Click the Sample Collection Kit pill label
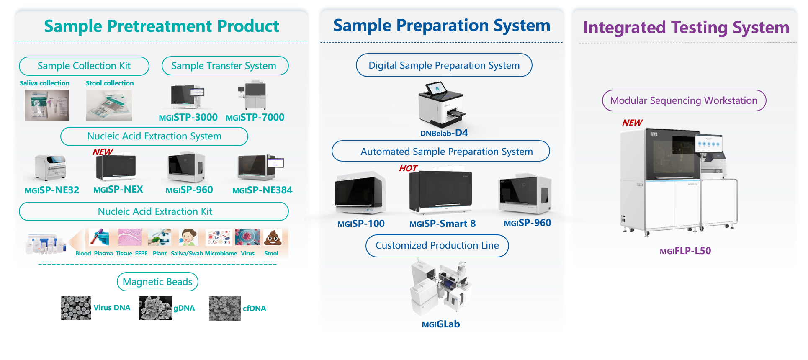(84, 66)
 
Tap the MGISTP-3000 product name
(188, 117)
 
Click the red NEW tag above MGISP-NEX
(103, 152)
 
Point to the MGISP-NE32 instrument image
(51, 167)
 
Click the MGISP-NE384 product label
(262, 190)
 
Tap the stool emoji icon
(273, 237)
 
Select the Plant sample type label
(160, 253)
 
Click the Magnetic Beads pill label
(157, 282)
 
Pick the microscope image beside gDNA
(155, 309)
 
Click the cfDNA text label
(254, 309)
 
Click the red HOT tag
(408, 168)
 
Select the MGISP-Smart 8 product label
(442, 224)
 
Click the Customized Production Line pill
(437, 246)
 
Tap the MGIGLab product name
(440, 324)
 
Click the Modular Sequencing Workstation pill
(684, 101)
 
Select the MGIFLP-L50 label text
(685, 251)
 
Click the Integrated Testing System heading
(686, 28)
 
